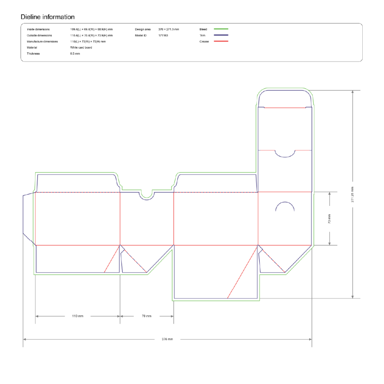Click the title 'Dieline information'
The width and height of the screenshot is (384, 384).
pos(47,17)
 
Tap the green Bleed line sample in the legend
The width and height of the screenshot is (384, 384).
pos(221,29)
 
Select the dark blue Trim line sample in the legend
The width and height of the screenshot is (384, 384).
pos(221,35)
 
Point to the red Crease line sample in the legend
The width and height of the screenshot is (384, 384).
pos(221,41)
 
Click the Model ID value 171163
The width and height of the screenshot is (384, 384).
pos(163,35)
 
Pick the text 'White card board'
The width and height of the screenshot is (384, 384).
pos(81,47)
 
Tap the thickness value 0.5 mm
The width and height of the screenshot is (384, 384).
pos(75,53)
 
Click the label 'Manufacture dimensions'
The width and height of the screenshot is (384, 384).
pos(42,42)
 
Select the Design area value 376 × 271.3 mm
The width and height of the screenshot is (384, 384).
pos(168,29)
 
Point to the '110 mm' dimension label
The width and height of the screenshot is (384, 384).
pos(78,316)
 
